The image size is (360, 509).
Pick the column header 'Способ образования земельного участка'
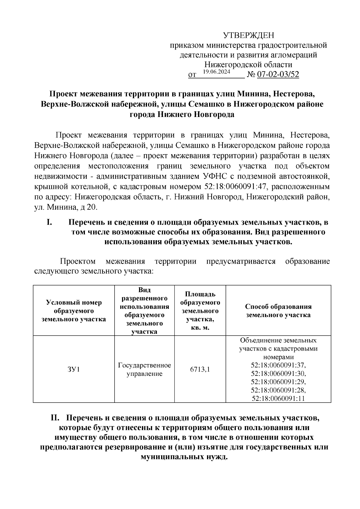coord(278,311)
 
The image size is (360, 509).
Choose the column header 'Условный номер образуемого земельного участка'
coord(73,311)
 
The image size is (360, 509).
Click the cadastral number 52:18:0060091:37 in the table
coord(278,365)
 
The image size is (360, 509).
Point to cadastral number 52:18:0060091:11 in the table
coord(278,398)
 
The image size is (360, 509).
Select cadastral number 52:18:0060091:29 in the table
coord(278,382)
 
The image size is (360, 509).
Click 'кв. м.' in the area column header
coord(200,328)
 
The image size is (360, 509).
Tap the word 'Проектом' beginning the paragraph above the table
coord(78,261)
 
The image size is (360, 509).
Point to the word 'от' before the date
coord(192,75)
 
